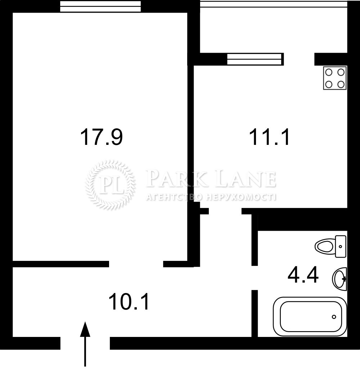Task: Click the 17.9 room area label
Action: click(x=102, y=137)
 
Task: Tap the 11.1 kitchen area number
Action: click(x=269, y=137)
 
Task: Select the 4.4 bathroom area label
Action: click(x=303, y=275)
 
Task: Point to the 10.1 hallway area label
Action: click(x=129, y=302)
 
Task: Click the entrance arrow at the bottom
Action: click(x=85, y=344)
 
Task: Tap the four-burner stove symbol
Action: click(x=335, y=78)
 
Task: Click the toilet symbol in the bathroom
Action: click(x=330, y=246)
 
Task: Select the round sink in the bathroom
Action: click(x=339, y=279)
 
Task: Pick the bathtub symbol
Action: click(x=310, y=316)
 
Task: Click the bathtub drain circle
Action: click(x=334, y=317)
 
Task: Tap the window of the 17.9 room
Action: click(x=100, y=6)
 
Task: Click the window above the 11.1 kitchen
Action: click(x=254, y=59)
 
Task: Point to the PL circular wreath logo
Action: click(x=110, y=185)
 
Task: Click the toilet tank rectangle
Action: click(x=341, y=246)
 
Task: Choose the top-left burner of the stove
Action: click(x=329, y=72)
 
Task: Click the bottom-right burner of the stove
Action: click(x=341, y=84)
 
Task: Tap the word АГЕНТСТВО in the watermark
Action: click(x=174, y=197)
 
